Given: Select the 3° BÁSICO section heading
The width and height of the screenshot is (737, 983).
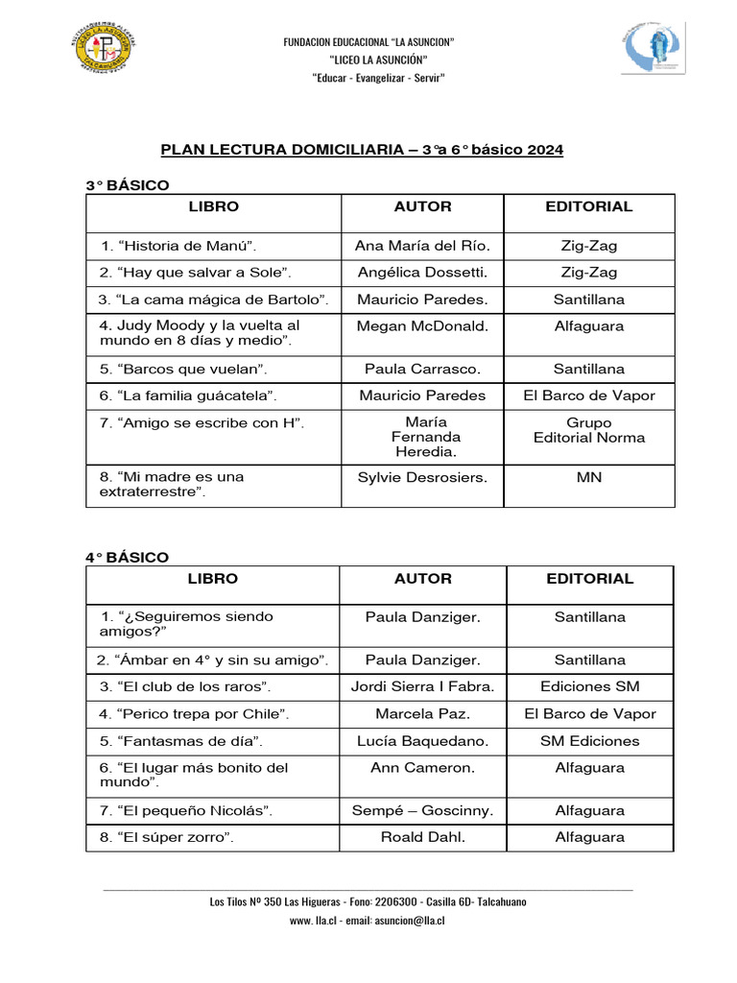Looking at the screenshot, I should pyautogui.click(x=127, y=184).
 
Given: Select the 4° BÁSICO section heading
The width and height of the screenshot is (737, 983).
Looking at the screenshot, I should pyautogui.click(x=127, y=557).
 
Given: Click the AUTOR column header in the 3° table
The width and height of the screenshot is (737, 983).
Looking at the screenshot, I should pyautogui.click(x=422, y=206).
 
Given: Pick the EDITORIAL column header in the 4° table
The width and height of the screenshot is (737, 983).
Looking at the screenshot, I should pyautogui.click(x=589, y=579).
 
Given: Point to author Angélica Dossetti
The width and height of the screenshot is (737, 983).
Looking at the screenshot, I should pyautogui.click(x=422, y=273).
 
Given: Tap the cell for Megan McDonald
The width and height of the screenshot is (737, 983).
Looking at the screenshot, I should pyautogui.click(x=422, y=326).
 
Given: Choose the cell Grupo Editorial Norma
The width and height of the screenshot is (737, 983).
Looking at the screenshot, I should pyautogui.click(x=589, y=430).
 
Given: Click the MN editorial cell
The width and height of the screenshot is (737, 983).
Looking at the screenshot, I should pyautogui.click(x=589, y=477).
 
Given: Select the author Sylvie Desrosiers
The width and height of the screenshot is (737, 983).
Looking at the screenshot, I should pyautogui.click(x=422, y=477).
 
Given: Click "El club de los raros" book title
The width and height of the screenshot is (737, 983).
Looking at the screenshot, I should pyautogui.click(x=185, y=687).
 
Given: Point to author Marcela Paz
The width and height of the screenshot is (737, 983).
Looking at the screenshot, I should pyautogui.click(x=422, y=714).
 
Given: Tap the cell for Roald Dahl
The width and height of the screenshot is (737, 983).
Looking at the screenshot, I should pyautogui.click(x=422, y=837).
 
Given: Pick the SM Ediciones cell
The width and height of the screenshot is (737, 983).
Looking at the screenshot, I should pyautogui.click(x=589, y=741).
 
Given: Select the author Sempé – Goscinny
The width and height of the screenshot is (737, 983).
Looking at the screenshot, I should pyautogui.click(x=422, y=811).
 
